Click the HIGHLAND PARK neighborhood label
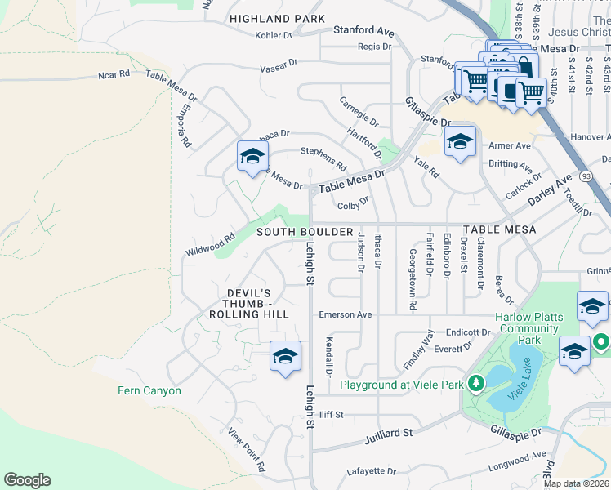coord(277,19)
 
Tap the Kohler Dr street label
coord(273,36)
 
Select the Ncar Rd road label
coord(114,74)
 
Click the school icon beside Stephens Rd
coord(252,155)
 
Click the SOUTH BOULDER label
coord(305,232)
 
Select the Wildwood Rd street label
coord(210,246)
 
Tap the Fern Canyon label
coord(149,391)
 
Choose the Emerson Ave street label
coord(346,314)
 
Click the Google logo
coord(28,480)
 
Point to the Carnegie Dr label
coord(359,112)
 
